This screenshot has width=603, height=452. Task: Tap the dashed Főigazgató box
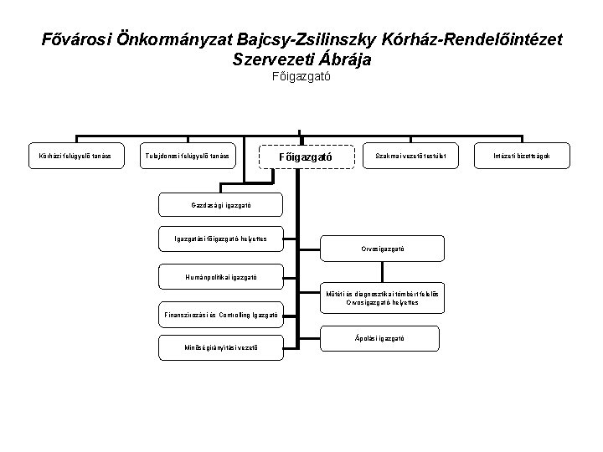(309, 156)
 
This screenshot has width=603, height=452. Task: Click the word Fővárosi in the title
(78, 40)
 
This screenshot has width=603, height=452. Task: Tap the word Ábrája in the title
(342, 60)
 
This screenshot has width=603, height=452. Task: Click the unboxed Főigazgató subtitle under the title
(301, 78)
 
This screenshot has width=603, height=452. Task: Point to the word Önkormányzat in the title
(163, 40)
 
